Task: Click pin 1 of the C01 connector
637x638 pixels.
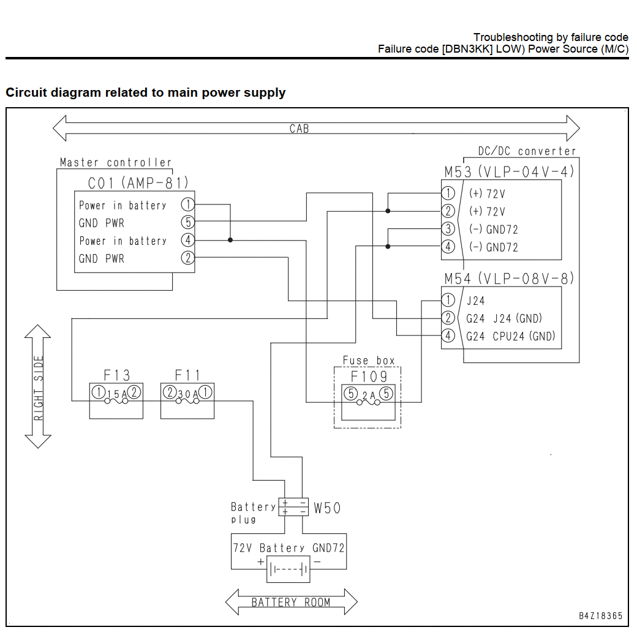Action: (x=187, y=205)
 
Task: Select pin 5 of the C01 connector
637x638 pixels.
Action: (x=187, y=222)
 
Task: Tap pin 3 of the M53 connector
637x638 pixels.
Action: (x=448, y=228)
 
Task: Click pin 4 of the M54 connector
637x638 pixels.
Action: (x=448, y=336)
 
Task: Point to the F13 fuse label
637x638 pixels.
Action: (x=117, y=375)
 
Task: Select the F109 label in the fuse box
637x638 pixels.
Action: (x=369, y=377)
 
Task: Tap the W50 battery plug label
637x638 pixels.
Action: (x=327, y=508)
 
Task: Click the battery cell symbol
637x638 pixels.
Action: (x=288, y=569)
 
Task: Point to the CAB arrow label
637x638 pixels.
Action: (x=299, y=129)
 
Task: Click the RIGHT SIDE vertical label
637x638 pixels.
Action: (x=38, y=388)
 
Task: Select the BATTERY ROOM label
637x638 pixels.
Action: (x=290, y=602)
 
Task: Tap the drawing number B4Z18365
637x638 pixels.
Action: (x=601, y=616)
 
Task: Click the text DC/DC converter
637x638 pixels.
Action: (x=527, y=151)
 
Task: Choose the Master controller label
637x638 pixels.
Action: (x=116, y=162)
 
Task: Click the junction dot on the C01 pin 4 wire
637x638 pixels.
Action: (x=230, y=240)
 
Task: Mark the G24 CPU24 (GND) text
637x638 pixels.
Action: (x=510, y=336)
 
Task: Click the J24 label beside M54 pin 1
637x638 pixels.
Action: (x=475, y=301)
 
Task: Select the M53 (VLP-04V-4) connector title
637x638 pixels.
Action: (x=509, y=171)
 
